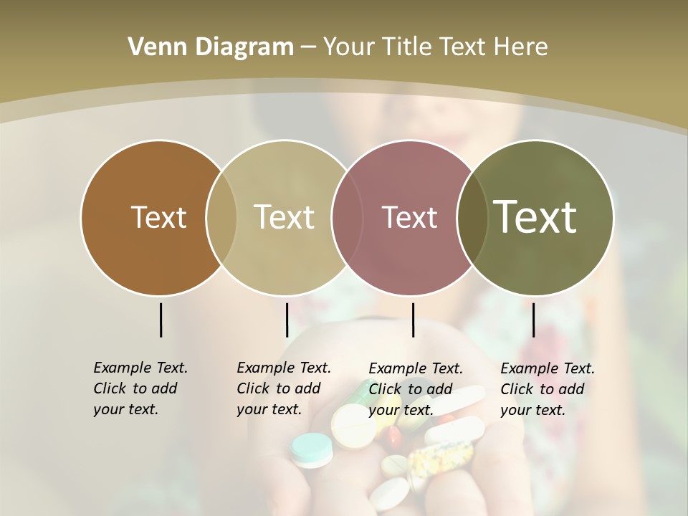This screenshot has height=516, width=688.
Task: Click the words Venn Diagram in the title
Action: (x=211, y=47)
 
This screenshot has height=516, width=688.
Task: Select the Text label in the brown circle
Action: (x=158, y=217)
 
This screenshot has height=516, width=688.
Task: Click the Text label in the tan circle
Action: (x=284, y=217)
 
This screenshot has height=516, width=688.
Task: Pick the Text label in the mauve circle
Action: (x=409, y=217)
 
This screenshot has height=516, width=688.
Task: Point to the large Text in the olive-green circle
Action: (x=535, y=217)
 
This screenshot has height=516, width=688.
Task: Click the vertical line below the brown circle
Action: (x=161, y=320)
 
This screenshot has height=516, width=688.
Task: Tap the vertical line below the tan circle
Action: (x=287, y=320)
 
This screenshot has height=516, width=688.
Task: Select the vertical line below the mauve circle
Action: (x=414, y=320)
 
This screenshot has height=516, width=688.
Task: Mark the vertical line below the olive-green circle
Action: (x=534, y=320)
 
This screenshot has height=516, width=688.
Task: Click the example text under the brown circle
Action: (x=140, y=388)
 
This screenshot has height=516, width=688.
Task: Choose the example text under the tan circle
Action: (x=284, y=388)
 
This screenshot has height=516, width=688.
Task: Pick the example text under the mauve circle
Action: (x=416, y=389)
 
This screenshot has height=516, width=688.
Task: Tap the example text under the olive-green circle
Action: (x=548, y=389)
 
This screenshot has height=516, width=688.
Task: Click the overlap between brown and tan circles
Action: (x=221, y=217)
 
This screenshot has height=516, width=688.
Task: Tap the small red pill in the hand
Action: (x=393, y=435)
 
